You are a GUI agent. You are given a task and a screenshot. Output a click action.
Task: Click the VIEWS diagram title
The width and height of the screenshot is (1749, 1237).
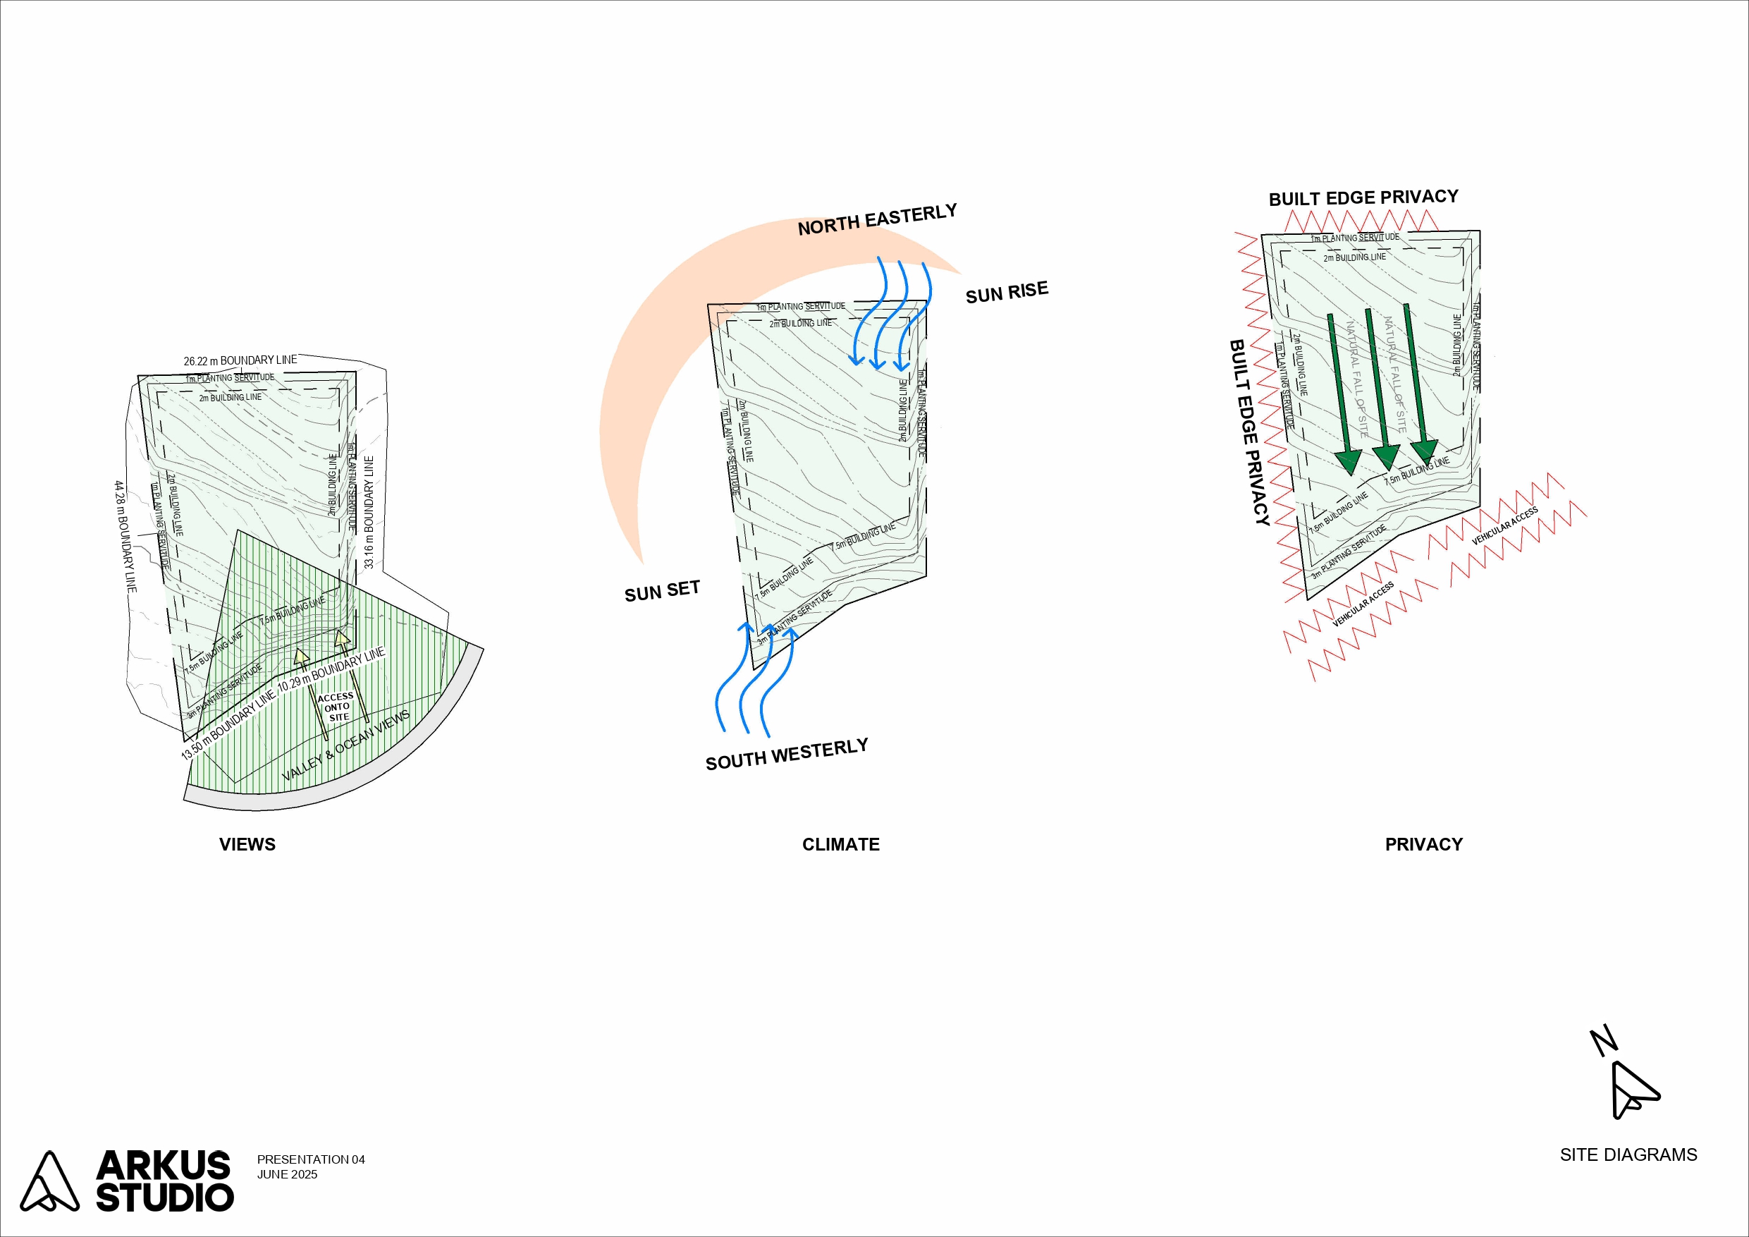pyautogui.click(x=247, y=844)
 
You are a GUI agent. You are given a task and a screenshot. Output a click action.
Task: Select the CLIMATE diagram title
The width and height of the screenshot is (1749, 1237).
pyautogui.click(x=840, y=844)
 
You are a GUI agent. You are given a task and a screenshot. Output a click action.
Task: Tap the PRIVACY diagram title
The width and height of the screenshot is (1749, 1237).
pyautogui.click(x=1423, y=844)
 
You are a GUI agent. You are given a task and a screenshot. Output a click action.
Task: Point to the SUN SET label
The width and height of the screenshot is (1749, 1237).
pyautogui.click(x=661, y=592)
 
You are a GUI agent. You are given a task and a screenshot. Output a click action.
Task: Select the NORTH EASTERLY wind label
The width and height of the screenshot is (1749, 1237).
pyautogui.click(x=877, y=219)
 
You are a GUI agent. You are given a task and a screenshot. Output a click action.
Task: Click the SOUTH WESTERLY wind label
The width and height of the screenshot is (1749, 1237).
pyautogui.click(x=786, y=755)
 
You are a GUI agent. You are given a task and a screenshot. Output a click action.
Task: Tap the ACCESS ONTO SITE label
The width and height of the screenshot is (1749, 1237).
pyautogui.click(x=336, y=707)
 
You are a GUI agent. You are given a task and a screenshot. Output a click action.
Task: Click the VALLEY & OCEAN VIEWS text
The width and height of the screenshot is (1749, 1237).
pyautogui.click(x=346, y=745)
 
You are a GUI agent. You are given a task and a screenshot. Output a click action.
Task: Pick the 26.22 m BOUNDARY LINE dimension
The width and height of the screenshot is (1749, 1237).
pyautogui.click(x=240, y=360)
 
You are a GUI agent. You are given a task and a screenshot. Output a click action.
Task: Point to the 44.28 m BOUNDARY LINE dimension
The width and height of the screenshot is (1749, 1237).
pyautogui.click(x=125, y=537)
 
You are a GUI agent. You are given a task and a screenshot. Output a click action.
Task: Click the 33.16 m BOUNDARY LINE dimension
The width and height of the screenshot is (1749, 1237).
pyautogui.click(x=369, y=512)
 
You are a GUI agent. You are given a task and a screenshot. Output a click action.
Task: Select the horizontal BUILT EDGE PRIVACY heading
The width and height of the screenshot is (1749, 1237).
pyautogui.click(x=1363, y=198)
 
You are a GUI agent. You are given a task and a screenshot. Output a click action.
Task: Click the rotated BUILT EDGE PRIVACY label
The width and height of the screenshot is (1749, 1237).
pyautogui.click(x=1249, y=432)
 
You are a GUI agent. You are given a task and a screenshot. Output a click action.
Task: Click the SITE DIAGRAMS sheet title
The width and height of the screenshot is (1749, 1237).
pyautogui.click(x=1628, y=1154)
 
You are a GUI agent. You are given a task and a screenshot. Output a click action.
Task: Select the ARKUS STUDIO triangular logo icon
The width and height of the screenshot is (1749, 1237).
pyautogui.click(x=49, y=1181)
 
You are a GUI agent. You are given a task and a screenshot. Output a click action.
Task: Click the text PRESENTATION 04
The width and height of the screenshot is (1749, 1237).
pyautogui.click(x=311, y=1159)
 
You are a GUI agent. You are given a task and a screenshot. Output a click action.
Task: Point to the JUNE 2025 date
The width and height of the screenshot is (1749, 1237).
pyautogui.click(x=287, y=1174)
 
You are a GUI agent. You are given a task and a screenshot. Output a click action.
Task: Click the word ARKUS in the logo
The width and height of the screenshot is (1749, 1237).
pyautogui.click(x=164, y=1165)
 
